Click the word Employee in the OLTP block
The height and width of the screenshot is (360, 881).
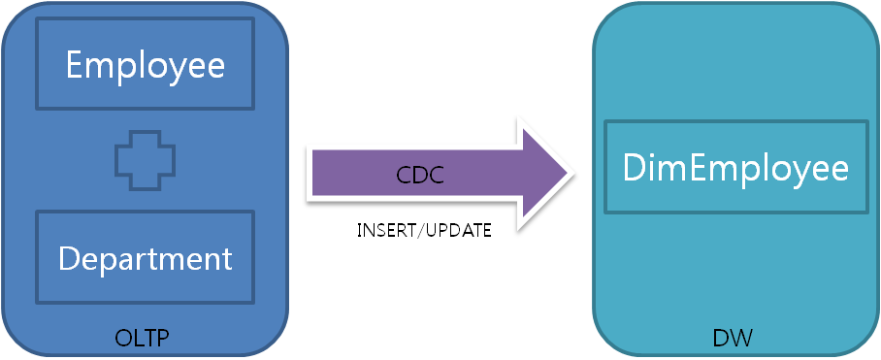(x=146, y=66)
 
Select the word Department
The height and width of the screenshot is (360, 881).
(x=146, y=258)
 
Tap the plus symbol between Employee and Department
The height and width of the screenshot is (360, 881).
(x=145, y=160)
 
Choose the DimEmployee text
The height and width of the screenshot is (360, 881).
(x=735, y=168)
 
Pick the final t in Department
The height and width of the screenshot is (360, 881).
(x=226, y=258)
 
